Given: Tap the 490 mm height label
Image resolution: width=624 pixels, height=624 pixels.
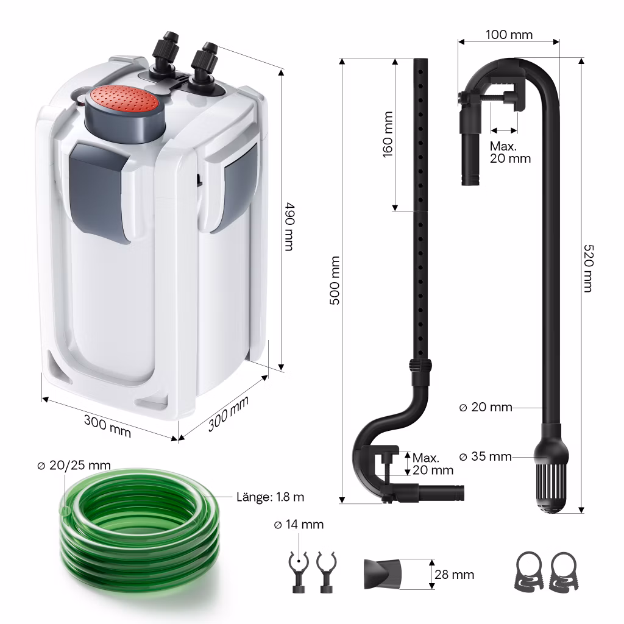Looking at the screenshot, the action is pos(290,227).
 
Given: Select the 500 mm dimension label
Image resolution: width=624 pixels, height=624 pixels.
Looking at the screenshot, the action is pos(335,280).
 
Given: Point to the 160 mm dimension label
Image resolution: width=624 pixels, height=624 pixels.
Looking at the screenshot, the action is pos(388,135).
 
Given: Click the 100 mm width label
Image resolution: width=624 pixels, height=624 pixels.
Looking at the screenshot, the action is pos(509,35).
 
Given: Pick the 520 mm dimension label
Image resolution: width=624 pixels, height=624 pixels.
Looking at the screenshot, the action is pos(589,268).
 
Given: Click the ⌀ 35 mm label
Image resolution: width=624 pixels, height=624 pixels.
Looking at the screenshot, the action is pos(486,456).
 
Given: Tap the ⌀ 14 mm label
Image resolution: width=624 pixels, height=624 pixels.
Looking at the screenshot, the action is pos(299,525).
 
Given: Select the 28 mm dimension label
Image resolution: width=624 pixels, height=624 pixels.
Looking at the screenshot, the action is pos(454,575).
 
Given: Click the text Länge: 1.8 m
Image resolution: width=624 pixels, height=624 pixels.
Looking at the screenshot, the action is pos(270,497).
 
